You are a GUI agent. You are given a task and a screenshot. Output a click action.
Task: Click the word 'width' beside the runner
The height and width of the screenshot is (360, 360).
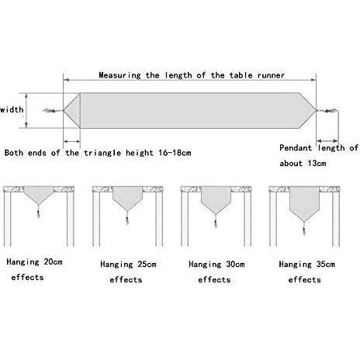(x=12, y=109)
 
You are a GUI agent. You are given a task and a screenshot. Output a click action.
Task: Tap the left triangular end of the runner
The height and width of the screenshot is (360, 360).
(x=74, y=111)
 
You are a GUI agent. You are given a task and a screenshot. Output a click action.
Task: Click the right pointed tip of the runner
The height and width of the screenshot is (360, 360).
(x=316, y=110)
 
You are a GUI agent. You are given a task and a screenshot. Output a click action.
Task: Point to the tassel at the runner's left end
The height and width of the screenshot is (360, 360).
(x=52, y=111)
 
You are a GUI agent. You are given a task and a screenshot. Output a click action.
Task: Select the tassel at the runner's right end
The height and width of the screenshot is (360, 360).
(x=327, y=111)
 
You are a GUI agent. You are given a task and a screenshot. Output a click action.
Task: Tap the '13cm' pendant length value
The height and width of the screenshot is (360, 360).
(x=317, y=163)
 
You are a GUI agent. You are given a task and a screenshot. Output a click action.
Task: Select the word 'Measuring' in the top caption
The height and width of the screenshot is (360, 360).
(x=120, y=75)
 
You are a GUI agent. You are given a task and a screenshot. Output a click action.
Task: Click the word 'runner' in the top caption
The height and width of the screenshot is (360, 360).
(x=271, y=75)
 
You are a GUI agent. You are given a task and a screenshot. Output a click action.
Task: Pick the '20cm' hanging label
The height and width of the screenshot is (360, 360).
(x=53, y=261)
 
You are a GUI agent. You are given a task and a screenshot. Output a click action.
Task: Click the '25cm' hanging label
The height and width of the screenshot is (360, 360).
(x=147, y=264)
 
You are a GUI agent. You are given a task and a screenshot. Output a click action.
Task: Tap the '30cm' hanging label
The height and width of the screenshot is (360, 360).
(x=235, y=264)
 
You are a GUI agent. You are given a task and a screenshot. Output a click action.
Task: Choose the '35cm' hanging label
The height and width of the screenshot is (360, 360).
(x=326, y=264)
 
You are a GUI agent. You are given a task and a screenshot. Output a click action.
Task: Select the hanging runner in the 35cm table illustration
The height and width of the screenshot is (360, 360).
(x=304, y=203)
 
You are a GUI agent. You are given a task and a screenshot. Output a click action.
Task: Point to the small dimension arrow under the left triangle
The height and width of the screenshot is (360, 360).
(x=71, y=141)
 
